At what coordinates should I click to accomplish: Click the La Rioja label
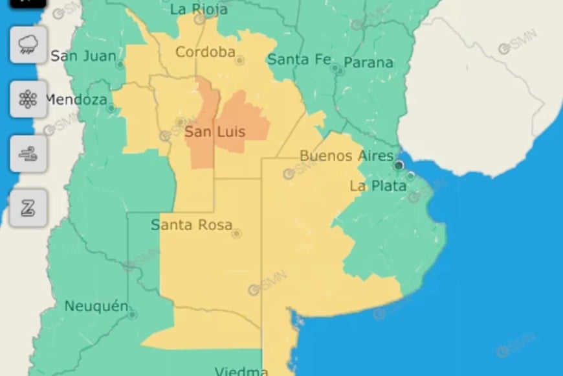tap(199, 9)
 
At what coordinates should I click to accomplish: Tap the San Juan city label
tap(83, 56)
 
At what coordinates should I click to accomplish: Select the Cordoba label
tap(205, 52)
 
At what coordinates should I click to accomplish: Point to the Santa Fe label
tap(298, 59)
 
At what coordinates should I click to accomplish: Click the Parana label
tap(368, 62)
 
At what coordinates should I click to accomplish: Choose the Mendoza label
tap(76, 100)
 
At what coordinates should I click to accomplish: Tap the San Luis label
tap(215, 132)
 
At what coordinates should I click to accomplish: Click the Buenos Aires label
tap(346, 156)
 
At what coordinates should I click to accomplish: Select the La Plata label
tap(379, 186)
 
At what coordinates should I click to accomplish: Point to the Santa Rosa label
tap(191, 225)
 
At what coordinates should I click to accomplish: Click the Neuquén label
tap(96, 306)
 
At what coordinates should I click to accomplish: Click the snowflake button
tap(28, 99)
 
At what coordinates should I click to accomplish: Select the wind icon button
tap(28, 154)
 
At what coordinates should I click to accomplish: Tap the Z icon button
tap(28, 207)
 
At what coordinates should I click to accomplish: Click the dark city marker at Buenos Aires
tap(399, 165)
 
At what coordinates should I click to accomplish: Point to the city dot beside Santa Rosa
tap(237, 233)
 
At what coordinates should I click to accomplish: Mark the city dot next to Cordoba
tap(239, 60)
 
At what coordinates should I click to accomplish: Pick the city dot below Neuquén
tap(133, 315)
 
